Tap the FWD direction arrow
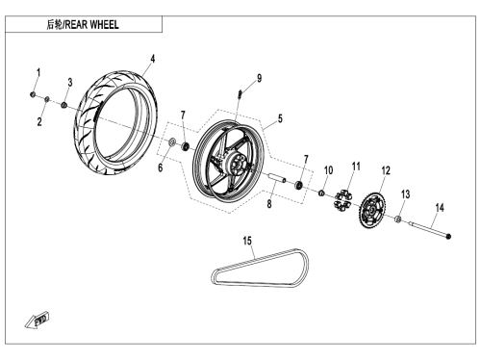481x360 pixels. click(37, 320)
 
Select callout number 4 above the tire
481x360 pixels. click(153, 59)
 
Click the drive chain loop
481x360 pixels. click(260, 269)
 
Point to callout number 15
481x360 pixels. click(247, 241)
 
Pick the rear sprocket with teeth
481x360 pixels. click(371, 209)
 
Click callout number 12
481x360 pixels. click(386, 170)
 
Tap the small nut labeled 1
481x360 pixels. click(33, 94)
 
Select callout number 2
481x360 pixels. click(39, 122)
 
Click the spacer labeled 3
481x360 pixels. click(64, 105)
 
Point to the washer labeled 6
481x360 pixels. click(172, 141)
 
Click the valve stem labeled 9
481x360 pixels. click(240, 94)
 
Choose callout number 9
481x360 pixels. click(259, 78)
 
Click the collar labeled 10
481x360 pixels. click(321, 193)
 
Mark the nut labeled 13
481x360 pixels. click(398, 219)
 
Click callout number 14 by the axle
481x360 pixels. click(440, 208)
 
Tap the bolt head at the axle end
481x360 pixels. click(448, 237)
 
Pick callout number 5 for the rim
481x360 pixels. click(280, 118)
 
